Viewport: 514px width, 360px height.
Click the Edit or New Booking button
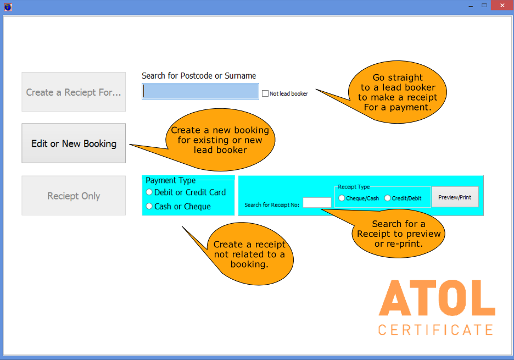[x=74, y=143]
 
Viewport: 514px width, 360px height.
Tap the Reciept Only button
[x=74, y=196]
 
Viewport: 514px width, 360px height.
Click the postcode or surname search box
[x=200, y=91]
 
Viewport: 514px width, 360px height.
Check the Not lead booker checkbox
[x=265, y=93]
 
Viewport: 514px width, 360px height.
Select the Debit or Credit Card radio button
[x=149, y=192]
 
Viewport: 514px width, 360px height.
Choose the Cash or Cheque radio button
[x=149, y=206]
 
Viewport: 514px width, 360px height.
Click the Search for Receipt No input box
[x=317, y=203]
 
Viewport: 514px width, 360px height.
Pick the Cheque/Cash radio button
[x=342, y=198]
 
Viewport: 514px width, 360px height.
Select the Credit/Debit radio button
[x=388, y=198]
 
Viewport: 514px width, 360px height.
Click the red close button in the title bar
[x=502, y=5]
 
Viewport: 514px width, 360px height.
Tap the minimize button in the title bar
[x=471, y=6]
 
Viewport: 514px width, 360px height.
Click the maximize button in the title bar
[x=484, y=5]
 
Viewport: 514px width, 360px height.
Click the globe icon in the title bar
[x=8, y=7]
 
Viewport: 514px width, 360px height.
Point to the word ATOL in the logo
[x=437, y=298]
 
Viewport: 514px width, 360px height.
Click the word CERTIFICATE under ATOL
[x=435, y=330]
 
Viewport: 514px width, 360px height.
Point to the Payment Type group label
[x=170, y=180]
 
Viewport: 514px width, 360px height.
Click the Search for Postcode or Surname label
[x=199, y=76]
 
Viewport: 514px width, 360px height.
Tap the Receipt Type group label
[x=354, y=187]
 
